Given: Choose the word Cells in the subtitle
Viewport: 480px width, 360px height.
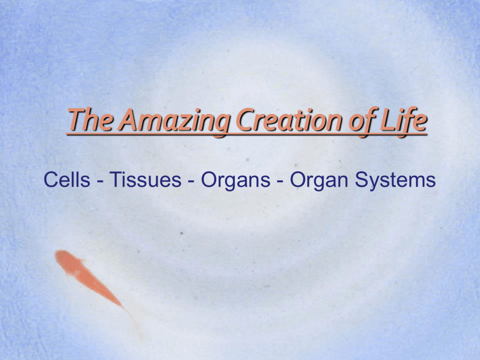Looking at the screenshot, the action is (x=67, y=180).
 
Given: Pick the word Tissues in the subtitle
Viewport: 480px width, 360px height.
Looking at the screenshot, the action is (x=145, y=180).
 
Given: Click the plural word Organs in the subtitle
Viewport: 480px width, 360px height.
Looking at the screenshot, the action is (x=235, y=180).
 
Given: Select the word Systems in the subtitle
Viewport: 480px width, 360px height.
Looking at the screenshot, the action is (x=395, y=180).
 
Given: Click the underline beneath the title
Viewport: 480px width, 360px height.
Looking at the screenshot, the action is (x=247, y=134).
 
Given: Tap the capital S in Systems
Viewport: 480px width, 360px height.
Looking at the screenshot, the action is (x=362, y=180).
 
